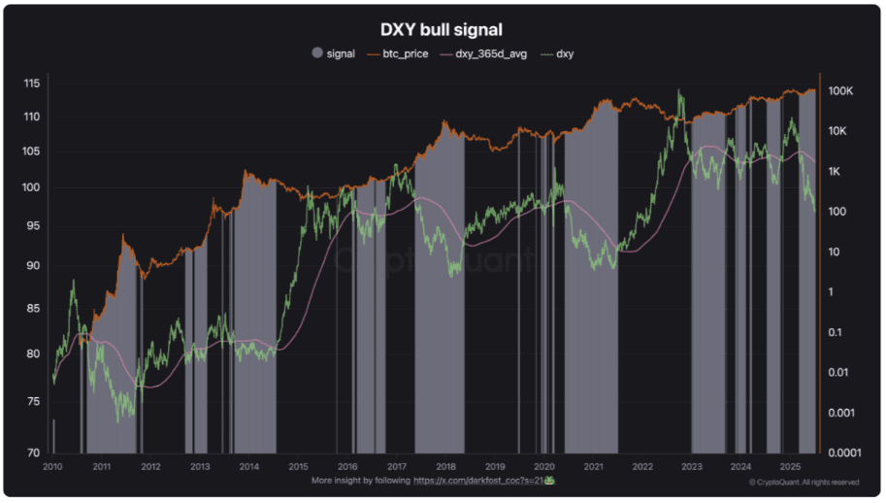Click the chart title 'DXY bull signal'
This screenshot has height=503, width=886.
tap(442, 30)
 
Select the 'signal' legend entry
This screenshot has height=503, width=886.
tap(341, 53)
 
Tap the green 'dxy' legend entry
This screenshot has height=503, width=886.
tap(565, 53)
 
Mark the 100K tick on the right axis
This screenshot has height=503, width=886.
tap(840, 91)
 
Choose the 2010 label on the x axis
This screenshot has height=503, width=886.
tap(52, 466)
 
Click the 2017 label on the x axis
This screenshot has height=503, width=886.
tap(397, 466)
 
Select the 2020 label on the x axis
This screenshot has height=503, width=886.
tap(544, 466)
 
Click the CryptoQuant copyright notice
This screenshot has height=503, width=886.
tap(804, 482)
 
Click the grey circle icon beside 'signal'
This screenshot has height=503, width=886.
tap(317, 53)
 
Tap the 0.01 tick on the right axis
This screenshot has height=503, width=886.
tap(840, 372)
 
